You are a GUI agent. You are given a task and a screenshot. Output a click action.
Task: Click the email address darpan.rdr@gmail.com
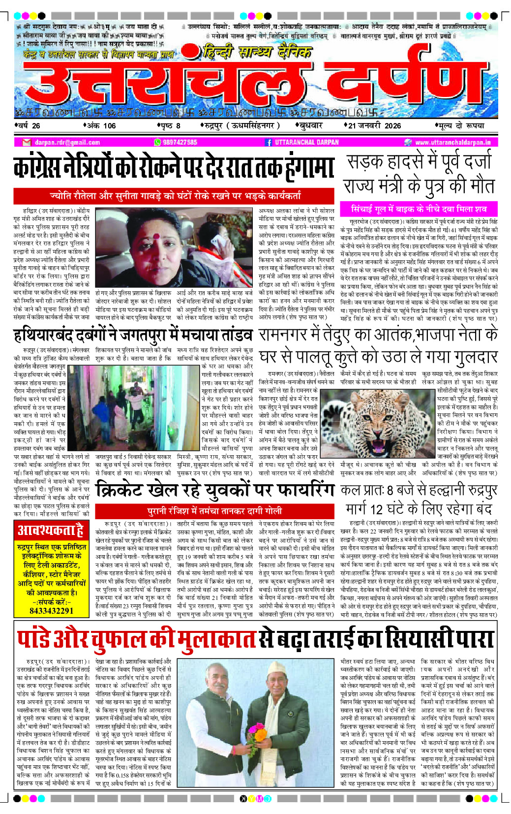(x=67, y=142)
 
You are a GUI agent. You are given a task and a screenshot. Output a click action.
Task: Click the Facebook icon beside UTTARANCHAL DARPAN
(x=269, y=142)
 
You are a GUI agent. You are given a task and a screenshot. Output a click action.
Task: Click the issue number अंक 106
(x=101, y=125)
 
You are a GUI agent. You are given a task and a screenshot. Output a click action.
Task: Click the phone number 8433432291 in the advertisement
(x=52, y=611)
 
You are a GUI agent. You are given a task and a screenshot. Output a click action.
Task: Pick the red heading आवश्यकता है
(x=51, y=530)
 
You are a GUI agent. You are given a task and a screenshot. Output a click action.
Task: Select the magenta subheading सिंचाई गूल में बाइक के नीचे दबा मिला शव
(x=419, y=209)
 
